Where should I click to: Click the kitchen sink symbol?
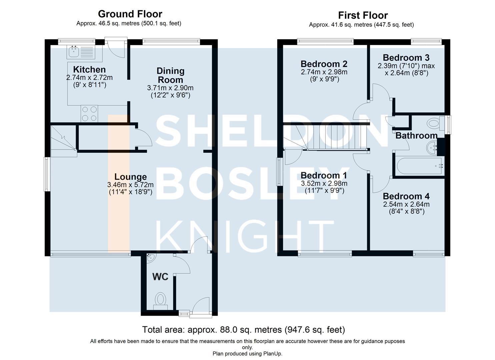[x=81, y=52]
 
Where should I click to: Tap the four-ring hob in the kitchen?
[x=89, y=114]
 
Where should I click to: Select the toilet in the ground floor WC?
[x=160, y=301]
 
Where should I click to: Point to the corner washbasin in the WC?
[x=151, y=258]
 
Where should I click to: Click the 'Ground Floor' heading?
[x=130, y=14]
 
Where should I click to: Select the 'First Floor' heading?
[x=363, y=15]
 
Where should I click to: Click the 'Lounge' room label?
[x=130, y=177]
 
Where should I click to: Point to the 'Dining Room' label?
[x=170, y=75]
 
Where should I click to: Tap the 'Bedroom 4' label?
[x=406, y=196]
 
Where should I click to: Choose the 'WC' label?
[x=160, y=277]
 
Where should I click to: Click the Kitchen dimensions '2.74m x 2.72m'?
[x=89, y=78]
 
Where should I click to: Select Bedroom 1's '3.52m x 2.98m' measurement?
[x=324, y=183]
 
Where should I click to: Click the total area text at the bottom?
[x=244, y=330]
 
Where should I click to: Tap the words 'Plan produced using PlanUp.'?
[x=247, y=354]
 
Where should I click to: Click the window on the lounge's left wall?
[x=46, y=174]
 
